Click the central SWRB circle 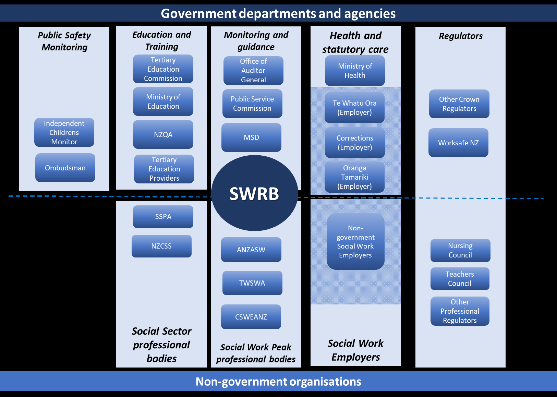tap(254, 193)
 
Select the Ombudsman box tap(65, 168)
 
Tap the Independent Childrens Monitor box tap(64, 132)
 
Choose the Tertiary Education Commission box tap(163, 69)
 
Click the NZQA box tap(163, 134)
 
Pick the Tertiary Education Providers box tap(164, 169)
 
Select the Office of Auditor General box tap(253, 71)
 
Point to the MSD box tap(251, 137)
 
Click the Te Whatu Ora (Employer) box tap(354, 108)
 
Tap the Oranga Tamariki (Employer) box tap(354, 177)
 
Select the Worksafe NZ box tap(458, 143)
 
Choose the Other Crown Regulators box tap(459, 104)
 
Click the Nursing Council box tap(460, 250)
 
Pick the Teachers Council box tap(460, 279)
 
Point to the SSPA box tap(163, 217)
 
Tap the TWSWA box tap(252, 283)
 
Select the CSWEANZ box tap(251, 317)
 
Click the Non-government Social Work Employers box tap(355, 242)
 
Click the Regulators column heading tap(461, 36)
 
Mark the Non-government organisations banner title tap(278, 382)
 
